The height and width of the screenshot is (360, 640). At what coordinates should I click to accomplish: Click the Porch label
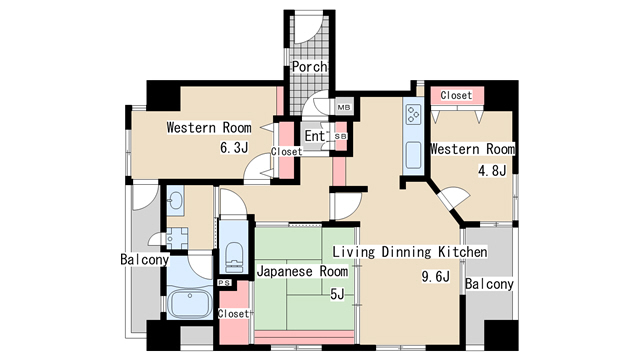tap(308, 68)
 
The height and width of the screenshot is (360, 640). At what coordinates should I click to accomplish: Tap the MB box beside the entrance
tap(343, 107)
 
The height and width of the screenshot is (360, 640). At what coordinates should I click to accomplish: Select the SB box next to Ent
tap(340, 136)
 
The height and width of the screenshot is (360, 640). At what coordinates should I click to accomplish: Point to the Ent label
tap(315, 136)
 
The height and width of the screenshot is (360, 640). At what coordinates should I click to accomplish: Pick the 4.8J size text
tap(494, 170)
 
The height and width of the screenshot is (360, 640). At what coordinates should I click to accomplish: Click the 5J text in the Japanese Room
tap(337, 293)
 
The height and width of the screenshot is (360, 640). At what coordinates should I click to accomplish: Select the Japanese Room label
tap(303, 271)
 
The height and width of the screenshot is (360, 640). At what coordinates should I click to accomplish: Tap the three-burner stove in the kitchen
tap(412, 115)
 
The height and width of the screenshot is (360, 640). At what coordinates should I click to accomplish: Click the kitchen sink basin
tap(412, 156)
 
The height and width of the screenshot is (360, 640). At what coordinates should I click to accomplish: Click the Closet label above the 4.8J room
tap(456, 96)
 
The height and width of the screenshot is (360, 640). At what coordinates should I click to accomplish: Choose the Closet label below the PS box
tap(232, 314)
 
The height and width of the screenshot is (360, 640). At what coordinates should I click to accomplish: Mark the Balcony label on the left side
tap(145, 260)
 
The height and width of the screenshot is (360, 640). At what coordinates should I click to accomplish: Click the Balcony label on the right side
tap(489, 284)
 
